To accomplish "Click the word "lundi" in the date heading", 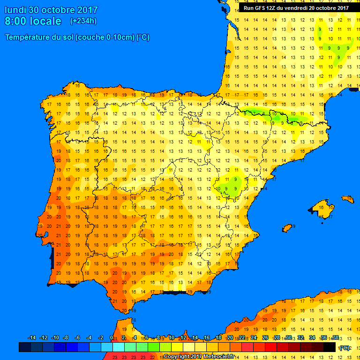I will pyautogui.click(x=15, y=10).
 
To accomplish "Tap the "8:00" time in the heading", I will pyautogui.click(x=15, y=21).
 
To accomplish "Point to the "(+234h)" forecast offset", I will pyautogui.click(x=83, y=21).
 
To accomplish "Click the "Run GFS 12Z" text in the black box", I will pyautogui.click(x=261, y=8).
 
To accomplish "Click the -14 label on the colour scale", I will pyautogui.click(x=32, y=338).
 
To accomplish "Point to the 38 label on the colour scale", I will pyautogui.click(x=335, y=338).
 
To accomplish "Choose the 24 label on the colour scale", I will pyautogui.click(x=254, y=338).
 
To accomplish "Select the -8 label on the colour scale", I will pyautogui.click(x=66, y=338).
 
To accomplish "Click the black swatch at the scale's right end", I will pyautogui.click(x=330, y=347).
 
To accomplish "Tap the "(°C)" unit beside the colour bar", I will pyautogui.click(x=345, y=347).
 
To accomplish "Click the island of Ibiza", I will pyautogui.click(x=287, y=228).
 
